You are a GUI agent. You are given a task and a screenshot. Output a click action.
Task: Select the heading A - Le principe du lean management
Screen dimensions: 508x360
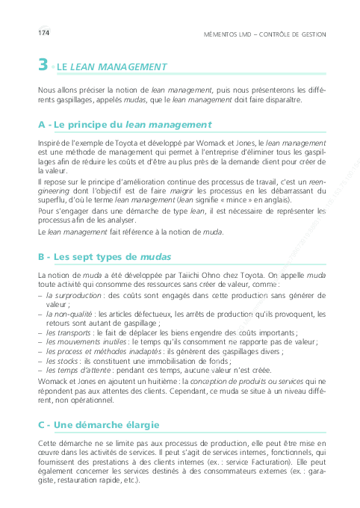(x=125, y=124)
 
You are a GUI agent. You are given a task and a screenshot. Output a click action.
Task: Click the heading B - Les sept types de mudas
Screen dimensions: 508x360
(x=105, y=257)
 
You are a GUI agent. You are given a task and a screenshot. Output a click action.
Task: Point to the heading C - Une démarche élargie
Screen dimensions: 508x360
(x=99, y=425)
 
